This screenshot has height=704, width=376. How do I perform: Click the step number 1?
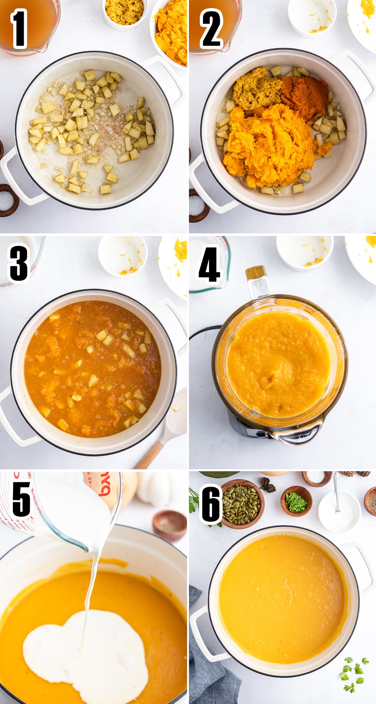click(x=19, y=29)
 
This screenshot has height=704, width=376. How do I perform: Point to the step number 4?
click(x=209, y=264)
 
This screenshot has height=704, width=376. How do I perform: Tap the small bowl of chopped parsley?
click(x=296, y=501)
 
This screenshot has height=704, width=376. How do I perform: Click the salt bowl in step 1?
click(x=8, y=200)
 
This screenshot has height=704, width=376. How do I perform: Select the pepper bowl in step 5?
click(x=170, y=526)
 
